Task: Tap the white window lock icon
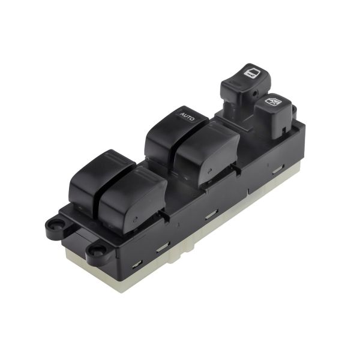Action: click(x=251, y=73)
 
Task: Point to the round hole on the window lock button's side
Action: click(x=254, y=94)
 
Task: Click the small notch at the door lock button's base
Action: click(x=283, y=130)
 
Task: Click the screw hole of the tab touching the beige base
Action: click(x=95, y=250)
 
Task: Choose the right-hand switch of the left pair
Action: click(x=133, y=199)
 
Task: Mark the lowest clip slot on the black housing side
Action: click(x=137, y=264)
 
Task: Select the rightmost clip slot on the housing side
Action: click(x=278, y=169)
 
